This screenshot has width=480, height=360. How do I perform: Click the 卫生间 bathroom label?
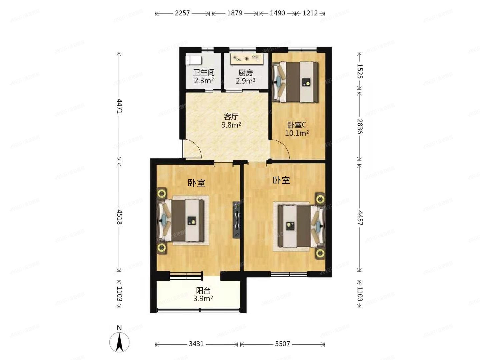click(204, 72)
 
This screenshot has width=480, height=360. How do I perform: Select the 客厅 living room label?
click(231, 117)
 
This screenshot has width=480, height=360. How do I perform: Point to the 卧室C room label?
click(297, 125)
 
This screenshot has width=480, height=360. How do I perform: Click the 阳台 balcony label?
click(203, 290)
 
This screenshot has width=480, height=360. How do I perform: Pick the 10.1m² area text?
click(297, 133)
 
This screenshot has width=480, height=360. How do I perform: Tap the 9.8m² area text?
click(231, 125)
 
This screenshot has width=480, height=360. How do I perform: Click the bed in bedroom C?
click(295, 82)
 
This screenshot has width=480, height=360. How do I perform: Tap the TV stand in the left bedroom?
click(236, 220)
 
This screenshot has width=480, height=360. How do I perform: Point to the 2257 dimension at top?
click(182, 13)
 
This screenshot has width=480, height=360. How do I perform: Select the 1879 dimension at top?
click(235, 13)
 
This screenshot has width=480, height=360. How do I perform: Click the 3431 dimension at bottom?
click(196, 344)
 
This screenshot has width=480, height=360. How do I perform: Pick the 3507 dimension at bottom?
click(282, 344)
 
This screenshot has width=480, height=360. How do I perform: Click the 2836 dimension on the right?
click(359, 126)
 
